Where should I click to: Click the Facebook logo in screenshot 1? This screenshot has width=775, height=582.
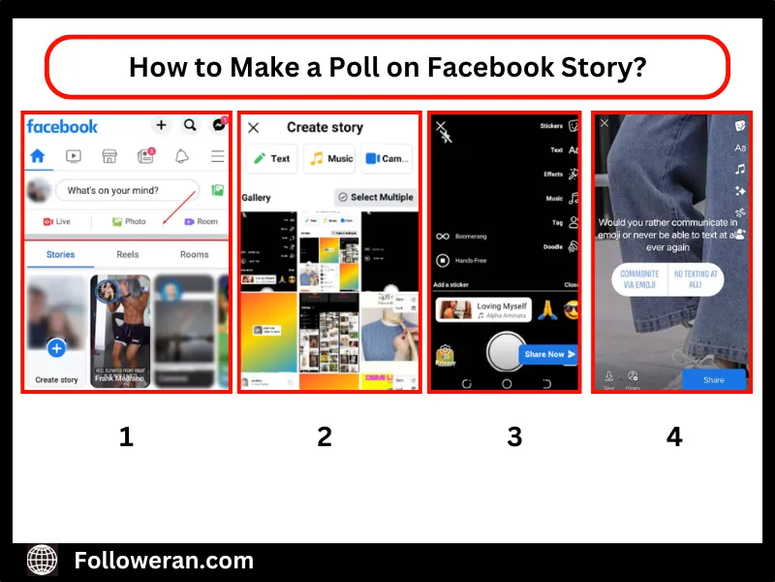click(x=62, y=126)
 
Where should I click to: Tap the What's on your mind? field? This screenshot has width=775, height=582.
click(x=127, y=190)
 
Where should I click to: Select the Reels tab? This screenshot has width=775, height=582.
click(x=128, y=254)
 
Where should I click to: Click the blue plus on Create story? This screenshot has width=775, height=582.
click(x=56, y=348)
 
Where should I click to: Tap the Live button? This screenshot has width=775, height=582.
click(x=57, y=221)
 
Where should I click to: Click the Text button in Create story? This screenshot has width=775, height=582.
click(x=271, y=158)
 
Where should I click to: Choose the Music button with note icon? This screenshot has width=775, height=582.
click(x=329, y=158)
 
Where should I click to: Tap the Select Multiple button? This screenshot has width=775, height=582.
click(x=375, y=197)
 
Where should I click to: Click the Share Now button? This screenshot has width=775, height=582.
click(x=548, y=354)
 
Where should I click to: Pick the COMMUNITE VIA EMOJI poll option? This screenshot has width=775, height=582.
click(x=639, y=279)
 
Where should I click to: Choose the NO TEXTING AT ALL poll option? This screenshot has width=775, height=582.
click(x=696, y=279)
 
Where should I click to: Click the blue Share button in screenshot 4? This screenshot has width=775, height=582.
click(x=713, y=379)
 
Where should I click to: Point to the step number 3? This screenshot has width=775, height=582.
click(x=513, y=436)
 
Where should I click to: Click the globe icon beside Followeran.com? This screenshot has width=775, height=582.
click(x=43, y=560)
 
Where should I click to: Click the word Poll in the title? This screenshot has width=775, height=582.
click(x=363, y=67)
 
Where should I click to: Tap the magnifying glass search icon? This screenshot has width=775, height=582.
click(x=190, y=125)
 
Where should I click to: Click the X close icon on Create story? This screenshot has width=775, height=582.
click(x=254, y=128)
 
